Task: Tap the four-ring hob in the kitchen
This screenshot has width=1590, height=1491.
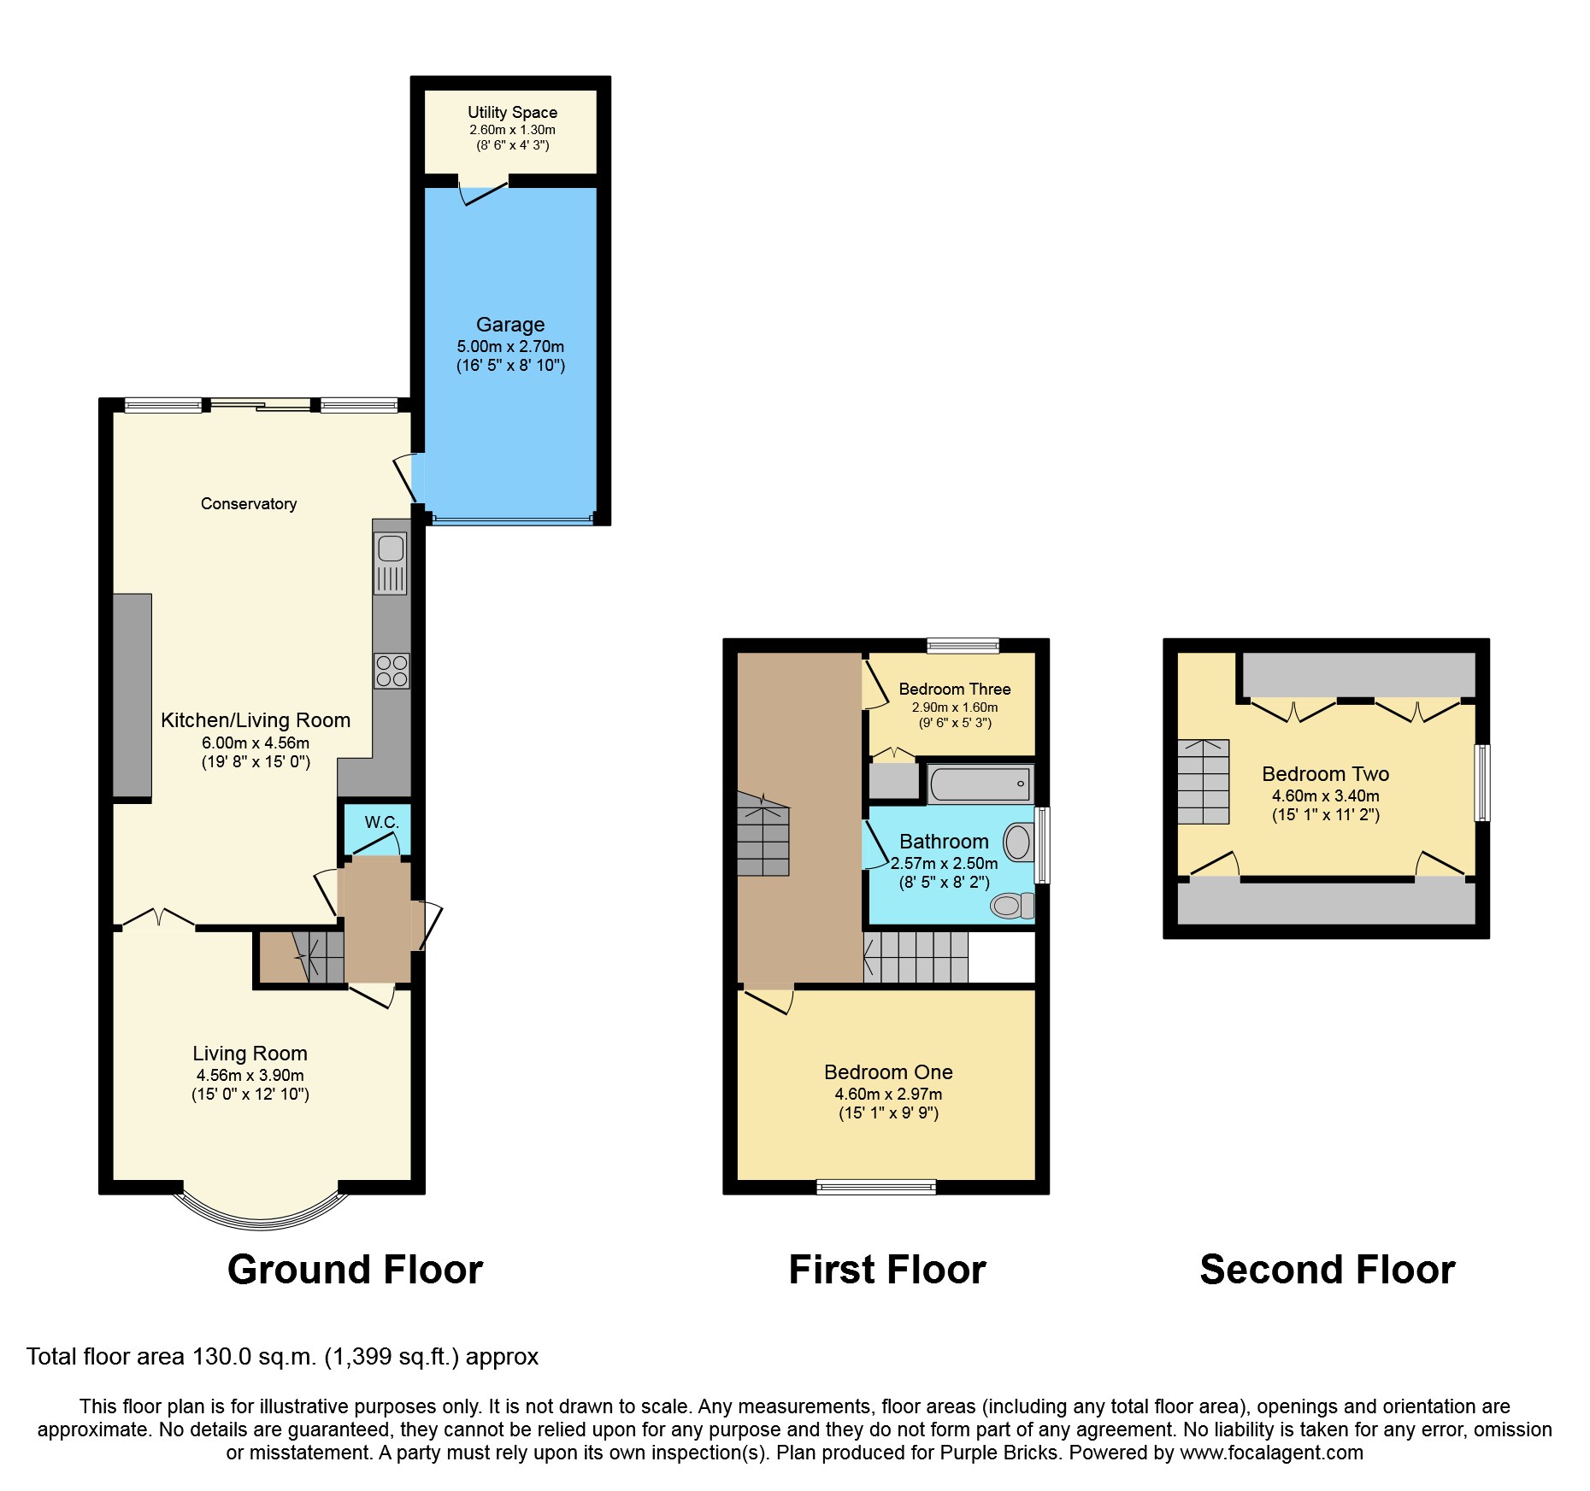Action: tap(392, 671)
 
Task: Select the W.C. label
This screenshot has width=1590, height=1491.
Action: tap(381, 822)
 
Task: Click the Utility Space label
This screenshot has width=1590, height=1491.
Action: tap(512, 112)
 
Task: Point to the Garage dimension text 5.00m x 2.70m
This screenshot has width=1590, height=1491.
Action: tap(510, 346)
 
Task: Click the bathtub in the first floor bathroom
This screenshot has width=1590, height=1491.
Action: tap(980, 784)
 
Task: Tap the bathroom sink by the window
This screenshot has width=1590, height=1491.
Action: tap(1018, 842)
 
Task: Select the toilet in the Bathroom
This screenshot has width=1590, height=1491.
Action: tap(1012, 905)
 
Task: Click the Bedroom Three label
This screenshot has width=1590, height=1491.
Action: tap(954, 689)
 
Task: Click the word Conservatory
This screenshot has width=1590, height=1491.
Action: tap(249, 503)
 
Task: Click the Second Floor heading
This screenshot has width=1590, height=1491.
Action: tap(1327, 1269)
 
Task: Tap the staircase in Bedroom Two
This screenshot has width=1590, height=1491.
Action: tap(1203, 782)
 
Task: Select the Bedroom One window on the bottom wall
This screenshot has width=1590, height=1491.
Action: tap(876, 1186)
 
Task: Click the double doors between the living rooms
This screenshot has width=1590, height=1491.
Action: tap(158, 919)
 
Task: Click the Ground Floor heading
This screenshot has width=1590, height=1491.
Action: tap(355, 1269)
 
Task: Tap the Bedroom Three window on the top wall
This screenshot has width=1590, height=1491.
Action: tap(963, 645)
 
